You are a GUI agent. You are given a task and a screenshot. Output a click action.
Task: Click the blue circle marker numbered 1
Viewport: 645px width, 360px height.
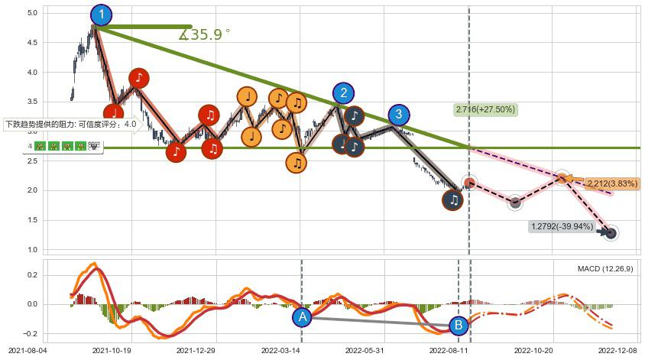pos(101,14)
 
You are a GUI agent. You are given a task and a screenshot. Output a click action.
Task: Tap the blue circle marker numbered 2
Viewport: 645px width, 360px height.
pos(344,93)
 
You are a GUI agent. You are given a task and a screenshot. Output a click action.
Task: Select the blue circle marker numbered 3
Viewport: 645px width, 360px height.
pos(398,115)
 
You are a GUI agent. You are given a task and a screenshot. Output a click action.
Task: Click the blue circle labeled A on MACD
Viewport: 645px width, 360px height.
pos(302,316)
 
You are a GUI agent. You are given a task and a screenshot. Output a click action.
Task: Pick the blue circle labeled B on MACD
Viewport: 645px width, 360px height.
pos(459,326)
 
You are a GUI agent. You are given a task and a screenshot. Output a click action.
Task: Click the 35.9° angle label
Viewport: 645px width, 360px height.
pos(205,34)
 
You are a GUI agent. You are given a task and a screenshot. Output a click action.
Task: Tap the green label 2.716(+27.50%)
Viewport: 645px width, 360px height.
pos(486,109)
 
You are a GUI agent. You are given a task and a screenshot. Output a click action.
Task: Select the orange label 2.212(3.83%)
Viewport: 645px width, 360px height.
pos(612,183)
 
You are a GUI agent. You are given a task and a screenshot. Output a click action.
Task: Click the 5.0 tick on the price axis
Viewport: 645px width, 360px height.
pos(32,14)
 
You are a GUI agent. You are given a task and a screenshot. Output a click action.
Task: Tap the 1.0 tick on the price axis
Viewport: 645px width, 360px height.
pos(32,250)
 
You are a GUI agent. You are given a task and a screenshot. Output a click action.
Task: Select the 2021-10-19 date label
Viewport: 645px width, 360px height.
pos(112,350)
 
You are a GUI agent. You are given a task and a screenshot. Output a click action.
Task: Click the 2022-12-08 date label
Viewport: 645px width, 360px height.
pos(618,350)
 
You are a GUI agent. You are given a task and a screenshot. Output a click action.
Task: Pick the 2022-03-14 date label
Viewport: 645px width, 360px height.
pos(281,350)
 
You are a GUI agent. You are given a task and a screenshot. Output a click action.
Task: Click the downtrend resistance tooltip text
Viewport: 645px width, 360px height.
pos(71,124)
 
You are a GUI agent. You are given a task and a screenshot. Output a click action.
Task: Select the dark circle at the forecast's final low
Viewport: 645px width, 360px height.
pos(611,233)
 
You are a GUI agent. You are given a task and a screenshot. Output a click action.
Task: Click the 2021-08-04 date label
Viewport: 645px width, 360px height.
pos(28,350)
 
